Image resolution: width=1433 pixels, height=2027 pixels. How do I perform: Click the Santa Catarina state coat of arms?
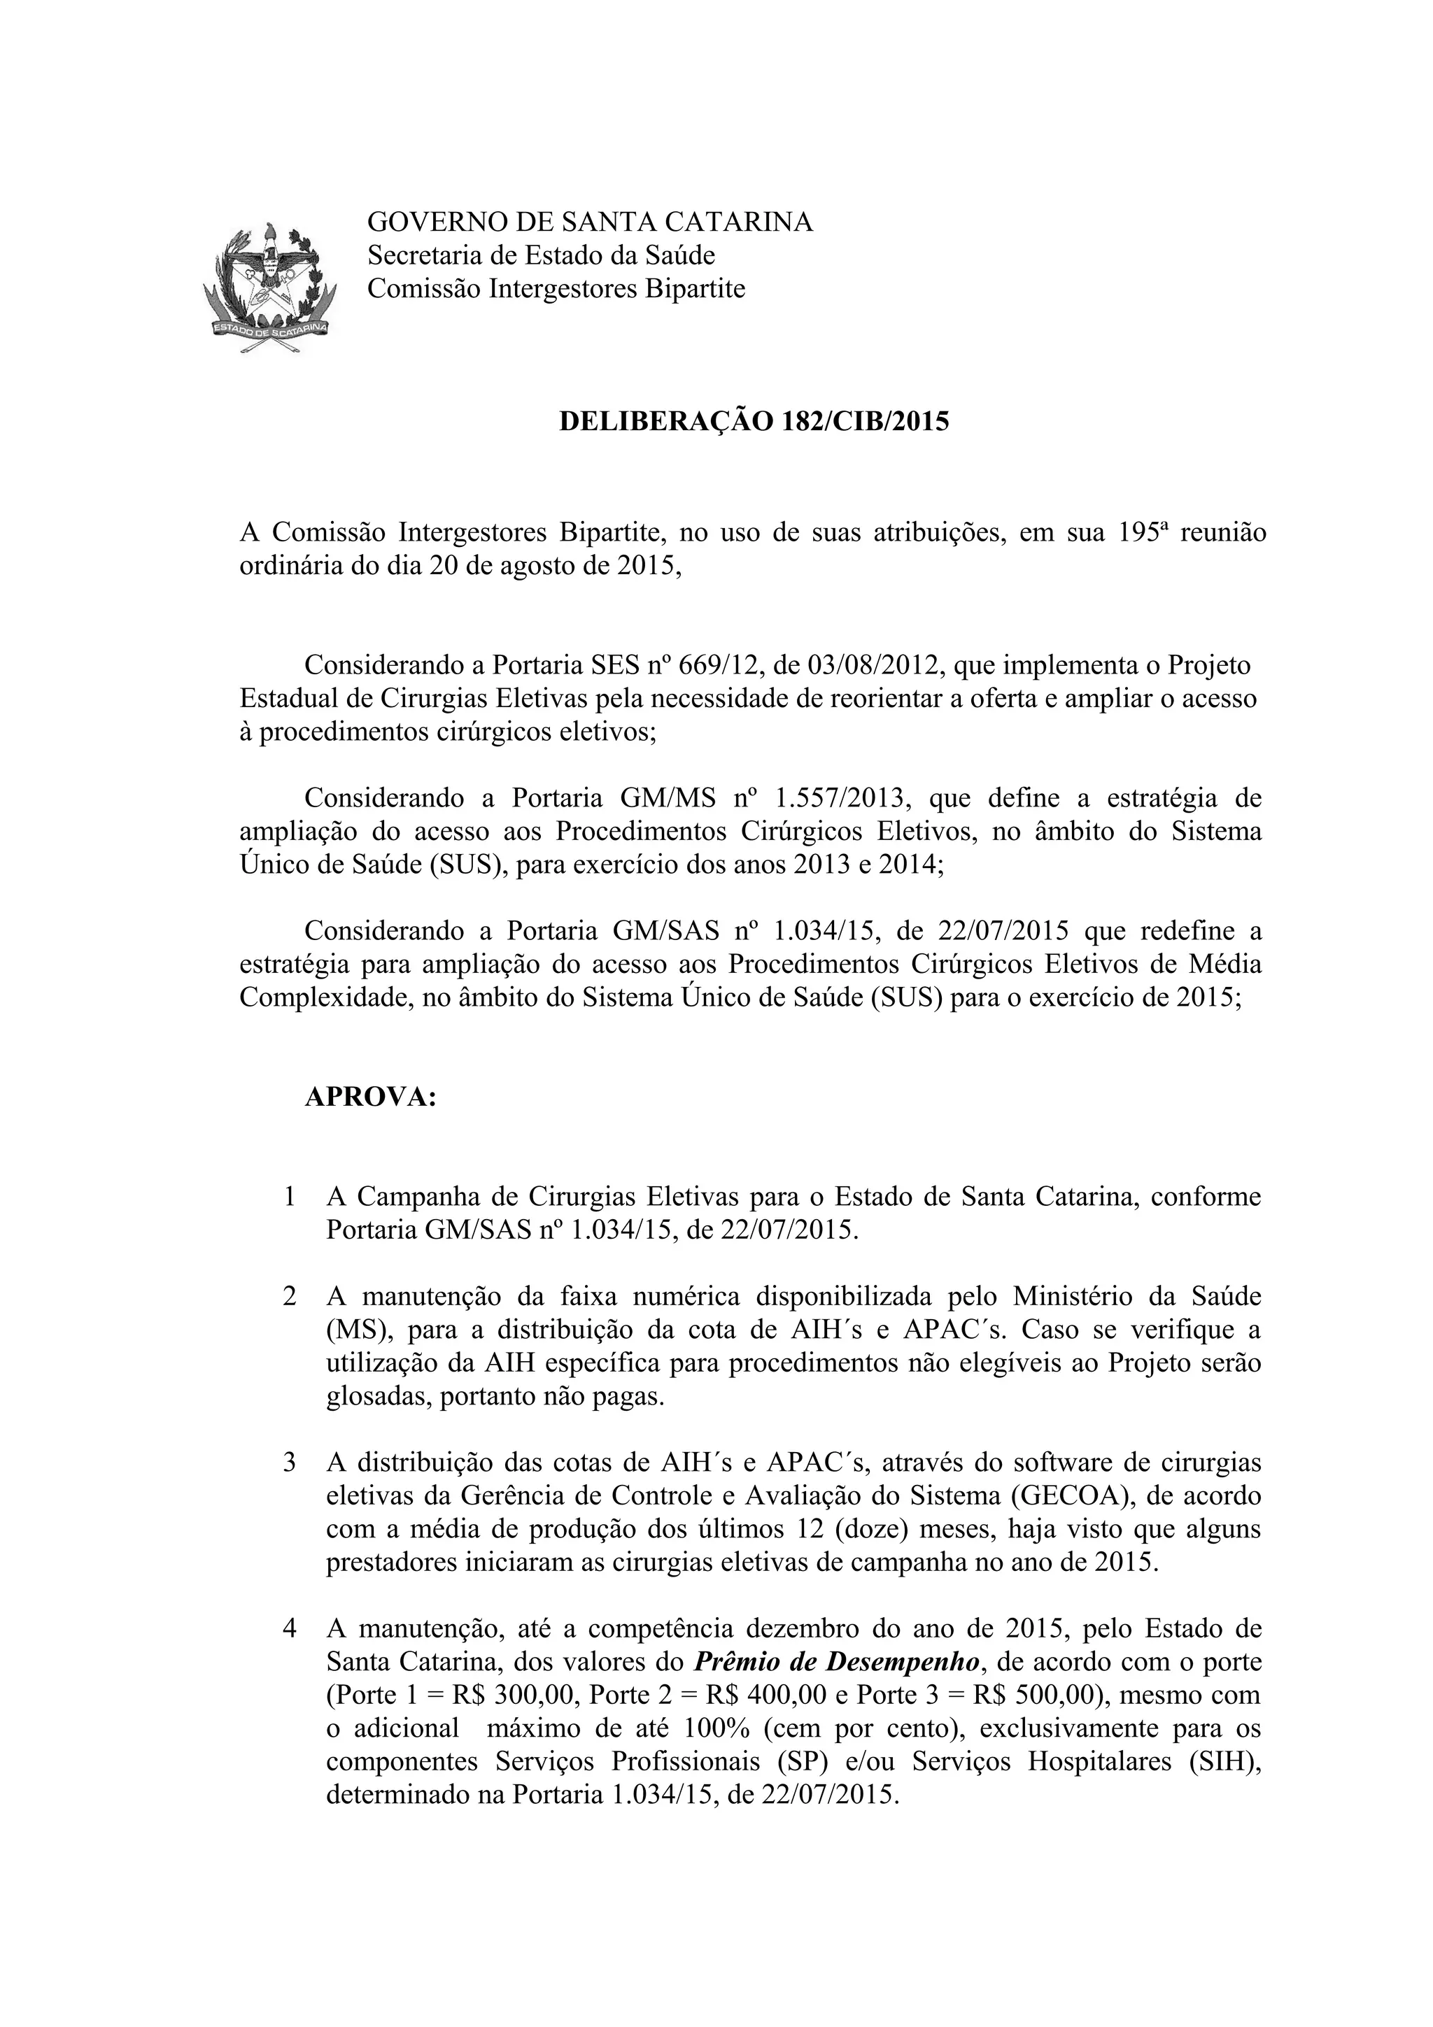coord(270,287)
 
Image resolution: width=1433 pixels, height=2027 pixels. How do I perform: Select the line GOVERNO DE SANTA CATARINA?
coord(590,222)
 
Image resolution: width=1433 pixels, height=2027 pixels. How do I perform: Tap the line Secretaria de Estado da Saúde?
coord(540,255)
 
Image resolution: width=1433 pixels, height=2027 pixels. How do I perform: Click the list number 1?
coord(290,1197)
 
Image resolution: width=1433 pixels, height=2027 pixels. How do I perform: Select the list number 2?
coord(290,1297)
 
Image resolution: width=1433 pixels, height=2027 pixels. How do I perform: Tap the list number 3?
coord(290,1463)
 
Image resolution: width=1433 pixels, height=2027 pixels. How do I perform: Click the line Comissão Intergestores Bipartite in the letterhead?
coord(556,289)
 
